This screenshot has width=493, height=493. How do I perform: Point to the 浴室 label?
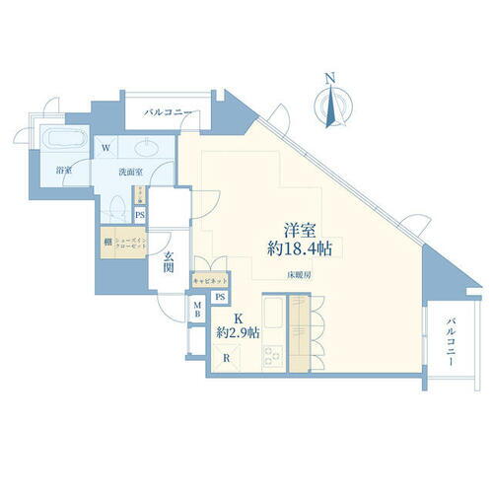click(x=63, y=169)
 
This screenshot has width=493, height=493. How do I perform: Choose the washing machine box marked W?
click(x=105, y=151)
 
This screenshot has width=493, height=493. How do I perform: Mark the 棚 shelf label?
click(x=106, y=241)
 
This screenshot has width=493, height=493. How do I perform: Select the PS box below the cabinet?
click(x=220, y=297)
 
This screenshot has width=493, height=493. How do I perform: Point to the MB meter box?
click(x=197, y=310)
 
